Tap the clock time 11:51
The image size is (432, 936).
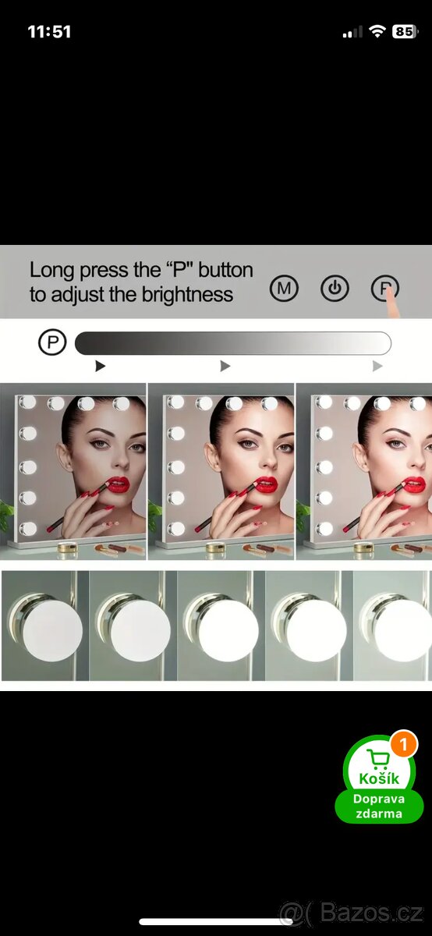49,32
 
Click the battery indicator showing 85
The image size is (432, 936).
405,32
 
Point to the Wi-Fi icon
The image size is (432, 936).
377,31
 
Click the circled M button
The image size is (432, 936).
284,289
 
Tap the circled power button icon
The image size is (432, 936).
335,289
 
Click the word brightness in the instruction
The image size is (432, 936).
187,294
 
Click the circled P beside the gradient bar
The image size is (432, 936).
52,342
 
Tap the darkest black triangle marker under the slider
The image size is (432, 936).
100,366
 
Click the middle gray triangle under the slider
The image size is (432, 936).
225,366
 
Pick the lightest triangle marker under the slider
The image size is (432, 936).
377,366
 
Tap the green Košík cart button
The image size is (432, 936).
379,778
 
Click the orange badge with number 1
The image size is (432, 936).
403,744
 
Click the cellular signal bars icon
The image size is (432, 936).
352,32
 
